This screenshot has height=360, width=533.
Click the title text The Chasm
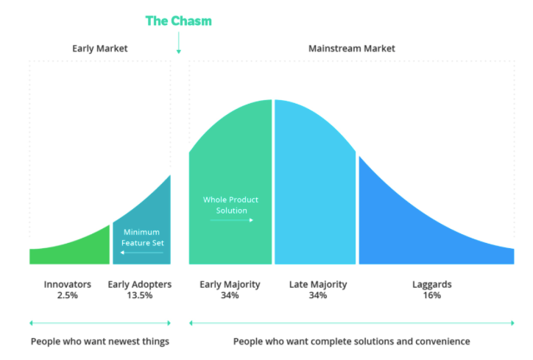(178, 21)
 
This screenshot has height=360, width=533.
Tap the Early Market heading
(99, 49)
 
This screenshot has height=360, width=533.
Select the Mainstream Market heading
(351, 49)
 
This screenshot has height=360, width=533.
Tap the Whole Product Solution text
(230, 205)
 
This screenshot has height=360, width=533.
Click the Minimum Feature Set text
(141, 238)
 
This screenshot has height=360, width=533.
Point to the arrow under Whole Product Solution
(230, 219)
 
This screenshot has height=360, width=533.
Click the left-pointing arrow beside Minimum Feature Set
(141, 253)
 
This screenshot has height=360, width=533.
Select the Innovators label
(67, 284)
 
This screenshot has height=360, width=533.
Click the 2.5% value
(67, 295)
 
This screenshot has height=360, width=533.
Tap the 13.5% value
(140, 295)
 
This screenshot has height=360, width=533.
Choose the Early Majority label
(230, 284)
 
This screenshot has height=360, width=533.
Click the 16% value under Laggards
(432, 295)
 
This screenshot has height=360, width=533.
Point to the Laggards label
(432, 284)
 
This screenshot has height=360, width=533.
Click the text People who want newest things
(100, 342)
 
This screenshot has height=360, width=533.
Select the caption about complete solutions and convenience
(351, 342)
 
